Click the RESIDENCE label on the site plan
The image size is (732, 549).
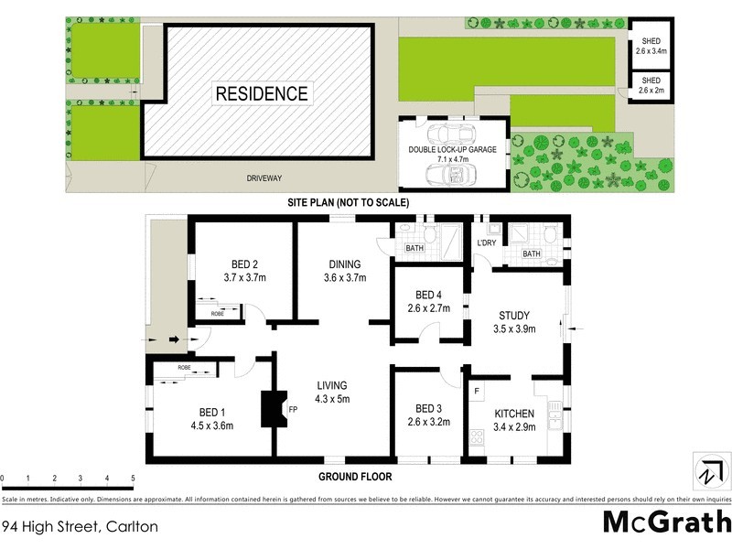tap(262, 92)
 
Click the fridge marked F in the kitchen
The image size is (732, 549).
tap(477, 391)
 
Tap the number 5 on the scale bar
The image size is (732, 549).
tap(133, 479)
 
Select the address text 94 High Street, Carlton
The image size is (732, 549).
tap(80, 526)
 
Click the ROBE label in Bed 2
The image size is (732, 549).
tap(218, 314)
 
